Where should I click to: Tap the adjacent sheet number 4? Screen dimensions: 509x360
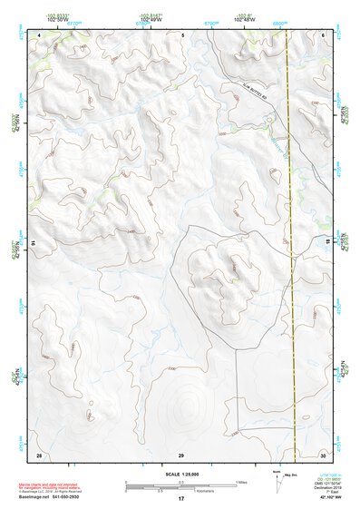39,34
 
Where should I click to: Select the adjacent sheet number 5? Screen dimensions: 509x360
182,34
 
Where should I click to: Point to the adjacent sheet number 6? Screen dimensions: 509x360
324,34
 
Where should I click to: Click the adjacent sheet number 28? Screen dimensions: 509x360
39,453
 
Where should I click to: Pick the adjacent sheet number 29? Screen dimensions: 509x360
181,453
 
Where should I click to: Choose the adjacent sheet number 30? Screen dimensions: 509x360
323,453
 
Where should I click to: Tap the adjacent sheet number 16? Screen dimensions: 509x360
34,243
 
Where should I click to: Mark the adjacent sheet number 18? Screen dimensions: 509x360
328,243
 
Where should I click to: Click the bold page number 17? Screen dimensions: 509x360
181,499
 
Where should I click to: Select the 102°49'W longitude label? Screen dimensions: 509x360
152,18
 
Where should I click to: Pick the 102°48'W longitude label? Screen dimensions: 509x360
241,18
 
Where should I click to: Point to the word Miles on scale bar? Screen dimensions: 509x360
241,481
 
